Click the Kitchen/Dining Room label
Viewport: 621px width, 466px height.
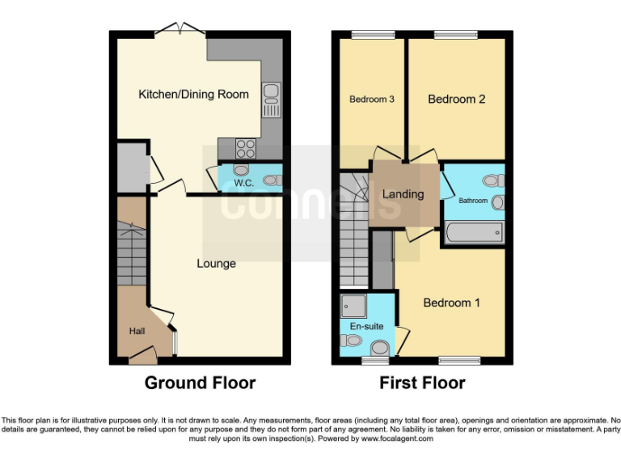click(x=193, y=95)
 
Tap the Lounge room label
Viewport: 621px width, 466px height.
click(x=216, y=264)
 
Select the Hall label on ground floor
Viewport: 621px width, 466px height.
click(x=137, y=331)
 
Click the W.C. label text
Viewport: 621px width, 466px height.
click(x=244, y=184)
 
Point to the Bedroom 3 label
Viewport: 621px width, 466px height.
click(x=371, y=100)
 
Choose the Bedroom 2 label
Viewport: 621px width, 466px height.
click(x=457, y=100)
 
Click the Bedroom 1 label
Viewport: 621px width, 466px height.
click(x=452, y=303)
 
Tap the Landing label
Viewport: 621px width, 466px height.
click(x=403, y=194)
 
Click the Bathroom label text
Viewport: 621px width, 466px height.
click(x=473, y=200)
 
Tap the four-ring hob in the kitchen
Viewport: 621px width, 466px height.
click(x=246, y=149)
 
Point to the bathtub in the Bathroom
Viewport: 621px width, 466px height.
click(x=473, y=234)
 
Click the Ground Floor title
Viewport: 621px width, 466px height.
click(x=200, y=383)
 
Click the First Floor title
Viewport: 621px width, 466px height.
click(x=422, y=383)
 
